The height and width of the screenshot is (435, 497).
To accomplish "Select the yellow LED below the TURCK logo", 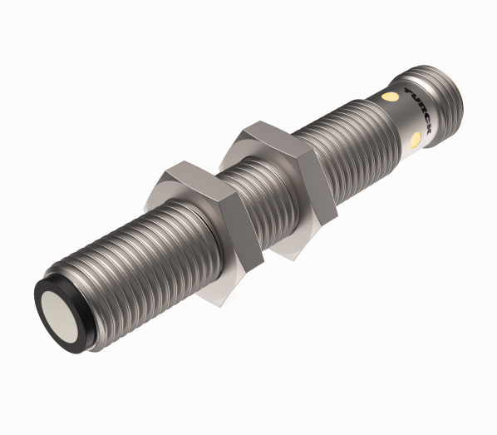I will click(x=414, y=138).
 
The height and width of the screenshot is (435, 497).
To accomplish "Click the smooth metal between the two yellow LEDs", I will click(x=401, y=119).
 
